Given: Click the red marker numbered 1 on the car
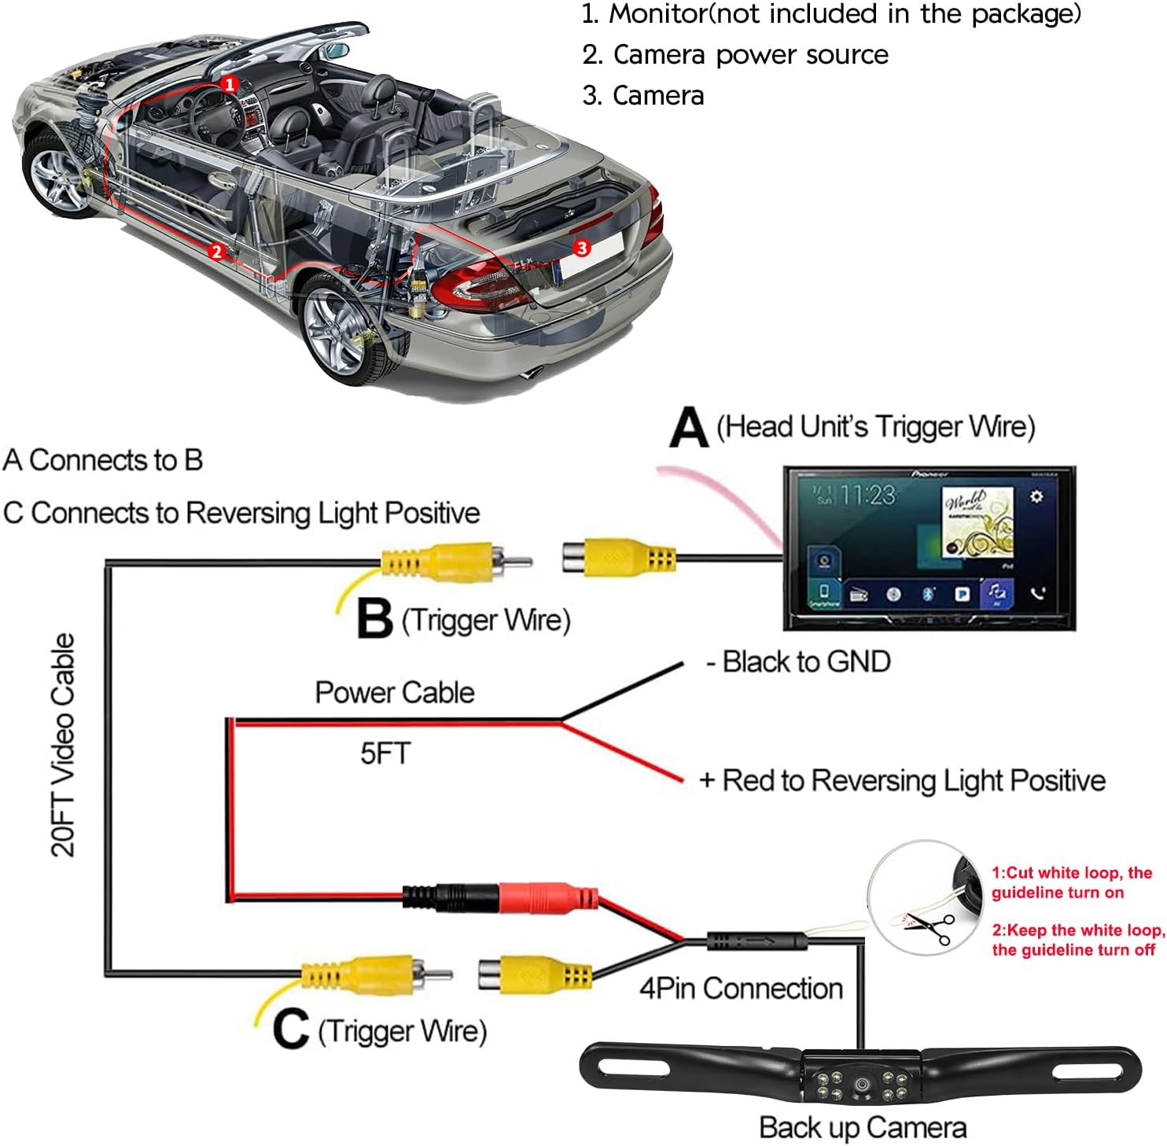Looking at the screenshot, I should pyautogui.click(x=229, y=83).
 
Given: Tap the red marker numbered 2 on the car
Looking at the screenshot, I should pyautogui.click(x=216, y=252).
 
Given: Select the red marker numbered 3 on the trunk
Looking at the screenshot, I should pyautogui.click(x=581, y=248).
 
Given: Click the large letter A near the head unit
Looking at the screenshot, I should pyautogui.click(x=688, y=429).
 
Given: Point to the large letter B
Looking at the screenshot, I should pyautogui.click(x=374, y=619).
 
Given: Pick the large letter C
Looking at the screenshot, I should pyautogui.click(x=290, y=1029).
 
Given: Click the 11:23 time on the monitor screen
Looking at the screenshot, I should pyautogui.click(x=867, y=495).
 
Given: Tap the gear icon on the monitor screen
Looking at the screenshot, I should pyautogui.click(x=1036, y=496).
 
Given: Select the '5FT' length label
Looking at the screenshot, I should pyautogui.click(x=385, y=754).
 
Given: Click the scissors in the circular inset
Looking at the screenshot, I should pyautogui.click(x=932, y=928).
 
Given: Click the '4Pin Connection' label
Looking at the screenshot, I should pyautogui.click(x=741, y=988).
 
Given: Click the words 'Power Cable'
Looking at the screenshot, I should pyautogui.click(x=395, y=692).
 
